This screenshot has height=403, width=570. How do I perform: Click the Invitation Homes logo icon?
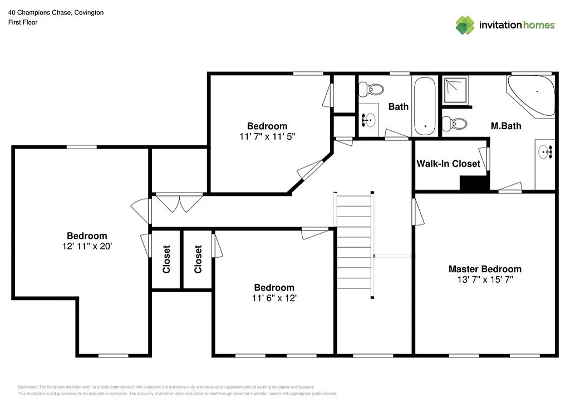[x=465, y=25]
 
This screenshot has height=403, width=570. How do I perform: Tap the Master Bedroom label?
[x=485, y=269]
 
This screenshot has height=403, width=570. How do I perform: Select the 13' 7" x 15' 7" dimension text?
[x=485, y=279]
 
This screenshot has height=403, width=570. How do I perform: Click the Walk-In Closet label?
[x=448, y=164]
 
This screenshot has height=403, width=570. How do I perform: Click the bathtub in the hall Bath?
[x=425, y=106]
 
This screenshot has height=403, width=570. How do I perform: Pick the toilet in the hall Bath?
[x=371, y=89]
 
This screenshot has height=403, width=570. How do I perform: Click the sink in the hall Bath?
[x=367, y=119]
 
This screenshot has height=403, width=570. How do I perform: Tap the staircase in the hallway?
[x=354, y=245]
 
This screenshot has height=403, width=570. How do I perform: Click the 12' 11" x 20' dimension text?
[x=87, y=246]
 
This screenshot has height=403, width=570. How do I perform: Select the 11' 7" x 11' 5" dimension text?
[x=267, y=136]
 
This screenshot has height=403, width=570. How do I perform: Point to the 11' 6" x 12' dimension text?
[x=274, y=298]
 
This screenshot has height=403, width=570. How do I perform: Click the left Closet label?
[x=166, y=259]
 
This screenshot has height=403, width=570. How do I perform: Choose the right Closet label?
[x=198, y=259]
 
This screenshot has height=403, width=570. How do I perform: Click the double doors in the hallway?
[x=179, y=202]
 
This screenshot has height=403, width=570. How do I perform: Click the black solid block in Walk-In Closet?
[x=471, y=184]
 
